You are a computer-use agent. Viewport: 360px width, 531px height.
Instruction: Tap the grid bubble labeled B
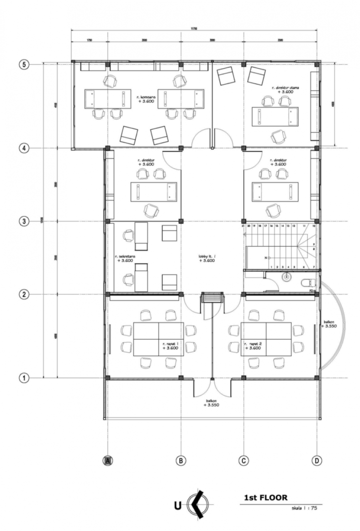181,461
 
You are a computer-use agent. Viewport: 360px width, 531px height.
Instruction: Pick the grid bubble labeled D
316,461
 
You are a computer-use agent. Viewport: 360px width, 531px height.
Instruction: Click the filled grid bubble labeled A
107,461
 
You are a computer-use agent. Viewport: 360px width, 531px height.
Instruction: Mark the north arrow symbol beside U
200,505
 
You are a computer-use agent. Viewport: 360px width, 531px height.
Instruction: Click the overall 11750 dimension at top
194,29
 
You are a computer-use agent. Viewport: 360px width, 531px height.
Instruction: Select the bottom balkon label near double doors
210,402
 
